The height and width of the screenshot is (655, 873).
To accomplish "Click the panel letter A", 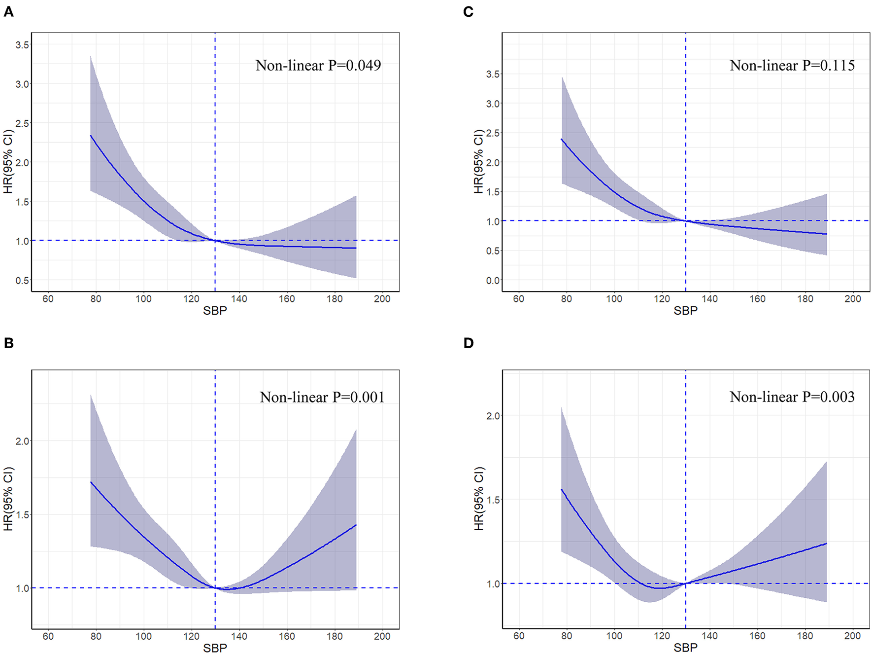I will [8, 11].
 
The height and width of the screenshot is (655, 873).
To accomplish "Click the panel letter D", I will [469, 343].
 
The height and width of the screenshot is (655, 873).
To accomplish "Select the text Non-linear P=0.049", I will [318, 66].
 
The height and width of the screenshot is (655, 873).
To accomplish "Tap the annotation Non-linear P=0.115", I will [792, 66].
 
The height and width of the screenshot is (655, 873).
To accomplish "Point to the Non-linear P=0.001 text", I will [322, 398].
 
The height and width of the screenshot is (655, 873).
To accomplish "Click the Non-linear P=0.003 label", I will [792, 397].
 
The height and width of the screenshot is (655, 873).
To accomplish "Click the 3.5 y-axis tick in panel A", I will [22, 45].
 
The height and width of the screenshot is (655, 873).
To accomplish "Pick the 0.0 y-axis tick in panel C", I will [493, 281].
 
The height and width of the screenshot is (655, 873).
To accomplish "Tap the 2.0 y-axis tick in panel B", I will [22, 441].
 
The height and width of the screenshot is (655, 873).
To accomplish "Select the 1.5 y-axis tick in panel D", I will [493, 500].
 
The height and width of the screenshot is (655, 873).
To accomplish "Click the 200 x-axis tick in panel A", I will [382, 299].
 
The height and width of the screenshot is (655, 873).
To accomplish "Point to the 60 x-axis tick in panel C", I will [518, 299].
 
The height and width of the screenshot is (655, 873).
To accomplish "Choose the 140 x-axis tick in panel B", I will [239, 636].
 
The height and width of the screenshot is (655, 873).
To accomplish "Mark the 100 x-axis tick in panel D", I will [614, 636].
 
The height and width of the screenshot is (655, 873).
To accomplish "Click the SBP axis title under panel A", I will [215, 311].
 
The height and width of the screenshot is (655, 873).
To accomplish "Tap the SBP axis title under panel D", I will [685, 648].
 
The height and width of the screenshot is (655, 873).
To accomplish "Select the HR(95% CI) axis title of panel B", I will [8, 499].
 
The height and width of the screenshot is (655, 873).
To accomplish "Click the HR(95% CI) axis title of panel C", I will [478, 161].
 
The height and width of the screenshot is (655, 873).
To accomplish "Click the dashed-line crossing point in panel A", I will [215, 241].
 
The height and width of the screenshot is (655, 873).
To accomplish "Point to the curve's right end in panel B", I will [356, 525].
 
